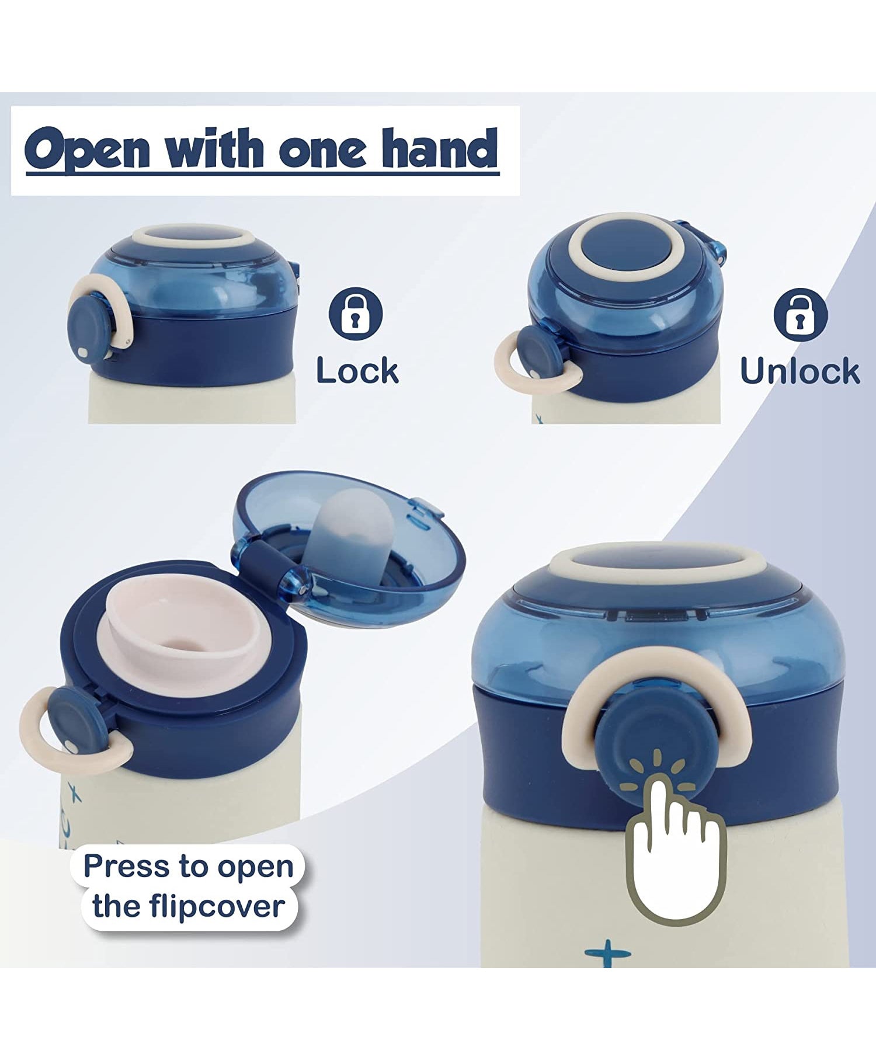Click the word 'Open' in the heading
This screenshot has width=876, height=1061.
point(87,149)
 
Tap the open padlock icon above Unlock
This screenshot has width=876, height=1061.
point(800,315)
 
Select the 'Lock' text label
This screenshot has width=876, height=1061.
point(357,371)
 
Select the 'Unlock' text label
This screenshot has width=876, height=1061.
point(799,371)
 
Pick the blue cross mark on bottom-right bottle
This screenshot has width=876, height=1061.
point(607,955)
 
